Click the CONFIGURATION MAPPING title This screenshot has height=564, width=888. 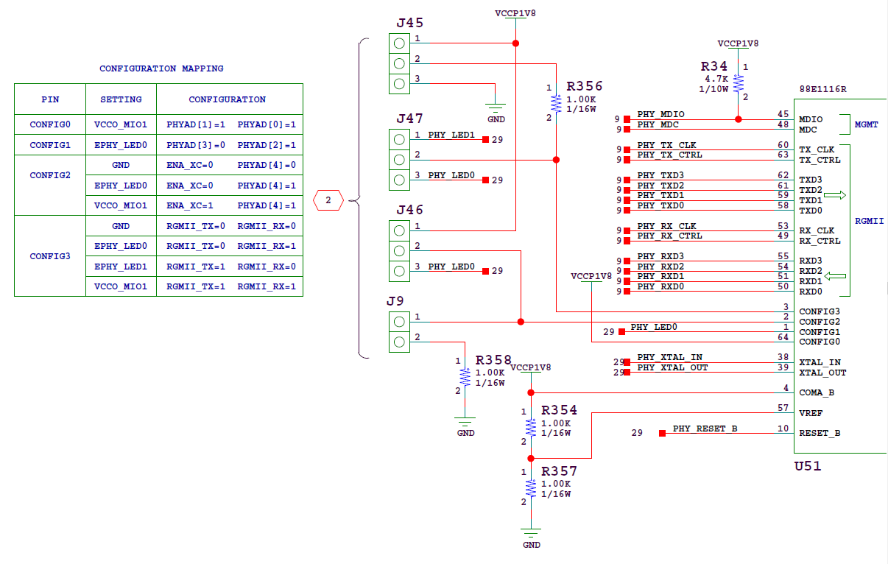pyautogui.click(x=161, y=68)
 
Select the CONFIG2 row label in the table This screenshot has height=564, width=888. pyautogui.click(x=50, y=175)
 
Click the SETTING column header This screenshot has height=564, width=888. pyautogui.click(x=121, y=99)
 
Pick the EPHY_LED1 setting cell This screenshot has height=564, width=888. pyautogui.click(x=121, y=267)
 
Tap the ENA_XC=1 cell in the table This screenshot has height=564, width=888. pyautogui.click(x=190, y=205)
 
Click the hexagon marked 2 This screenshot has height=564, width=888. pyautogui.click(x=328, y=200)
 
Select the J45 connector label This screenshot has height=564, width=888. pyautogui.click(x=410, y=23)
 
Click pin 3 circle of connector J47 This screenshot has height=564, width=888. pyautogui.click(x=399, y=180)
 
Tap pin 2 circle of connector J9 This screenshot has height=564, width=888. pyautogui.click(x=399, y=342)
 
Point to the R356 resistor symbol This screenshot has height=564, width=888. pyautogui.click(x=556, y=104)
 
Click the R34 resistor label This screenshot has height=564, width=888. pyautogui.click(x=714, y=66)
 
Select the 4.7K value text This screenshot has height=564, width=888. pyautogui.click(x=716, y=79)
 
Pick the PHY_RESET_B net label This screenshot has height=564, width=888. pyautogui.click(x=705, y=429)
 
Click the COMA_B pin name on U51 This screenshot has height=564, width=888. pyautogui.click(x=817, y=392)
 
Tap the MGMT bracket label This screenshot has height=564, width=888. pyautogui.click(x=866, y=124)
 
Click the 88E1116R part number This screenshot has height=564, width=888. pyautogui.click(x=823, y=89)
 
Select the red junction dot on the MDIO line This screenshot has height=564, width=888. pyautogui.click(x=738, y=119)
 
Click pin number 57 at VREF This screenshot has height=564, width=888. pyautogui.click(x=783, y=407)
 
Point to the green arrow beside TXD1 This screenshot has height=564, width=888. pyautogui.click(x=835, y=195)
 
